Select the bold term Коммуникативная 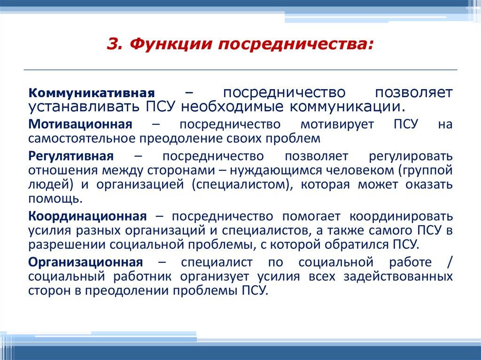92,92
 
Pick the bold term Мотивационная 79,125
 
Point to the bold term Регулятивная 71,156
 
